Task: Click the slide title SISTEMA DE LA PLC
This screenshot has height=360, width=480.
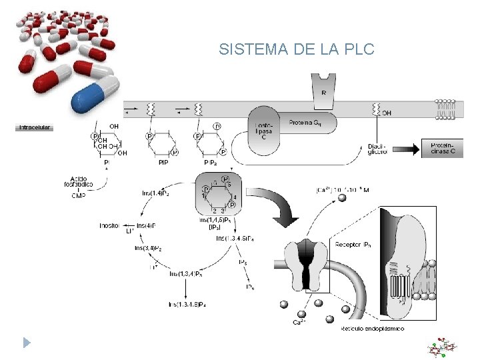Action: click(297, 50)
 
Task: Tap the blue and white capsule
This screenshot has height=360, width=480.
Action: click(95, 94)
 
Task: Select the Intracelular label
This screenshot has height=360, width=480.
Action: click(34, 127)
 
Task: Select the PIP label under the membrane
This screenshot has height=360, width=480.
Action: click(163, 162)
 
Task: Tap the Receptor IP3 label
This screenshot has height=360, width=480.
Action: click(356, 245)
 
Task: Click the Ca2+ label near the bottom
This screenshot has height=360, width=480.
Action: click(301, 322)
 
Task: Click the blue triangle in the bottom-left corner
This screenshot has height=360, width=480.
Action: click(26, 343)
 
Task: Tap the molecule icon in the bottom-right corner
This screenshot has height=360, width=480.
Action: click(443, 347)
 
